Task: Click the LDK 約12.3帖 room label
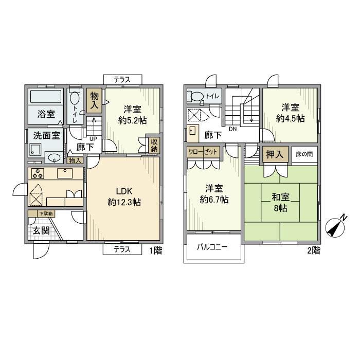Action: click(x=124, y=196)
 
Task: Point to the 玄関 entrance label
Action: click(x=41, y=230)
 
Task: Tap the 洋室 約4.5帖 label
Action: click(x=290, y=113)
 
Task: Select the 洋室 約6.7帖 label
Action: click(x=213, y=194)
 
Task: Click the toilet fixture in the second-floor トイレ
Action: click(x=196, y=97)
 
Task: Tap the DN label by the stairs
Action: click(x=232, y=129)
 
